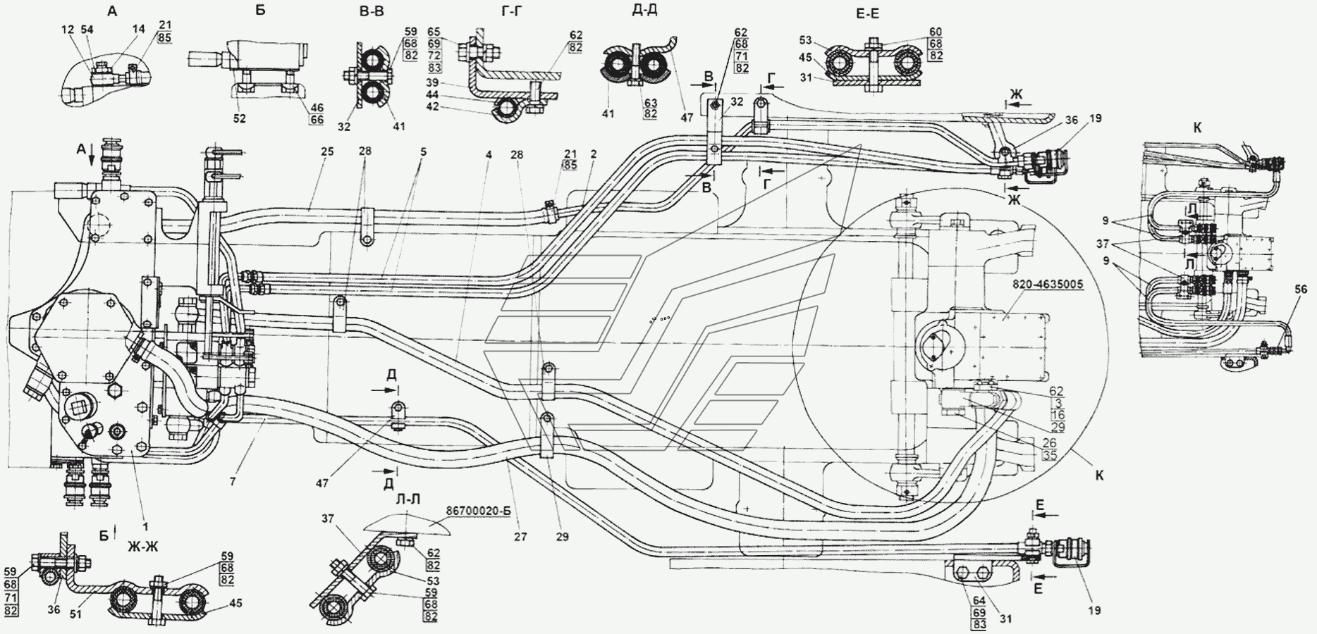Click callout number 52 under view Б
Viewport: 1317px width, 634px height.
(x=240, y=119)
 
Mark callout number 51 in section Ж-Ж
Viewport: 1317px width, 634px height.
(x=75, y=614)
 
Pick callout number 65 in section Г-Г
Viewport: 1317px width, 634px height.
(x=434, y=32)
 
